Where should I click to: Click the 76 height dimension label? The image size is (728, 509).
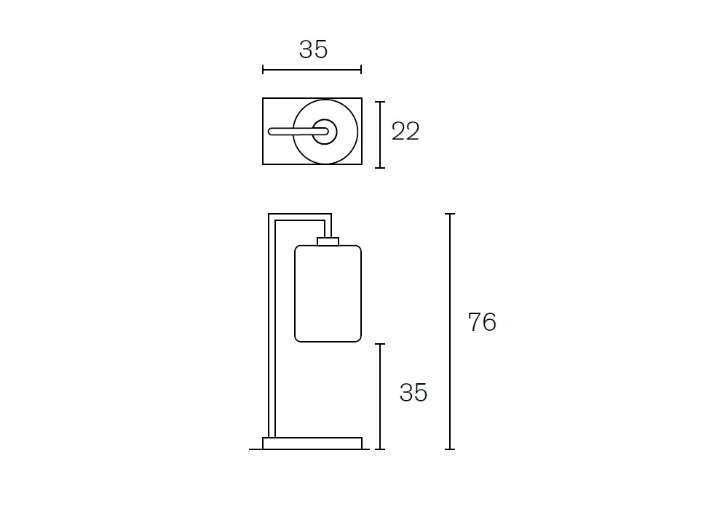tap(482, 321)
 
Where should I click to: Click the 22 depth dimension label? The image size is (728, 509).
tap(405, 131)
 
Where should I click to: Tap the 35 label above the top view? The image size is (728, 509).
tap(313, 49)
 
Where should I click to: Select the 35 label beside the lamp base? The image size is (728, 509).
tap(414, 393)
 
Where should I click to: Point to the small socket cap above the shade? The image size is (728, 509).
tap(328, 241)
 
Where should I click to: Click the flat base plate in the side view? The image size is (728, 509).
tap(312, 443)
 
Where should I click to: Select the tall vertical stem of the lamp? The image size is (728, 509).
tap(272, 326)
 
